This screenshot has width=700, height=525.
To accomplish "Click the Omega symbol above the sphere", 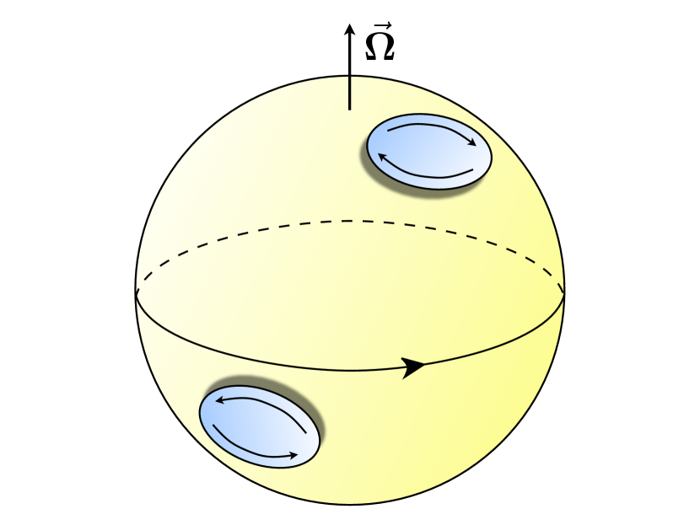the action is tap(380, 47).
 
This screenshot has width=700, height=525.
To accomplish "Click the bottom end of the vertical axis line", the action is tap(350, 109).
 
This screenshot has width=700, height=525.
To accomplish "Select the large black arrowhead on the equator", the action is tap(413, 367).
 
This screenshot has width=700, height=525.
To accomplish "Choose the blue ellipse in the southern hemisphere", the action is tap(258, 426).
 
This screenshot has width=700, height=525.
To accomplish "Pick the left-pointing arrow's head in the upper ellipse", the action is tap(380, 157).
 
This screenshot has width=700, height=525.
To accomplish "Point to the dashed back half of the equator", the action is tap(350, 221).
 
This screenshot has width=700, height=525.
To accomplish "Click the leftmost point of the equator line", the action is tap(136, 292).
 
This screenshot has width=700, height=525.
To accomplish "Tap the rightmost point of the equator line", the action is tap(564, 292).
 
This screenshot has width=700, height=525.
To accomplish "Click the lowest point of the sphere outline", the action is tap(350, 505).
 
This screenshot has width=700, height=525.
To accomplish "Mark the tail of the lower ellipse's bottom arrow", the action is tap(214, 426).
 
